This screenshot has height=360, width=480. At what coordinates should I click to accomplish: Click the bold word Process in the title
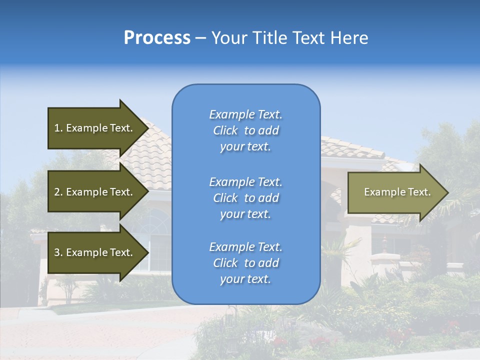pos(157,38)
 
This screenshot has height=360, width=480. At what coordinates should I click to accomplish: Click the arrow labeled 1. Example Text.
pos(95,128)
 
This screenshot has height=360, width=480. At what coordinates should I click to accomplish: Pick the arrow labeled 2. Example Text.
pos(95,192)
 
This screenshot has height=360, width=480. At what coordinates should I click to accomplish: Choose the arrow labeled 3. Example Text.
pos(95,252)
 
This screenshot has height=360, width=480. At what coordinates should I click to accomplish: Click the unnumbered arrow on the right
pos(395,192)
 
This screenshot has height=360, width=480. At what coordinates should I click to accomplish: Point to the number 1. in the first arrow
pos(58,128)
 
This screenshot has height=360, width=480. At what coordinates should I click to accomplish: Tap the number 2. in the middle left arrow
pos(58,192)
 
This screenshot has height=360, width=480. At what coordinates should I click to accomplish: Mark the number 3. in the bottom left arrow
pos(58,252)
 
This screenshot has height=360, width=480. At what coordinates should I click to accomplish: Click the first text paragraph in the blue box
pos(245,130)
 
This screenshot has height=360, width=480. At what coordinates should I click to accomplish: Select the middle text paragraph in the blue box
pos(245,198)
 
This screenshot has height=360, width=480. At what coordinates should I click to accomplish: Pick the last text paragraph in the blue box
pos(245,263)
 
